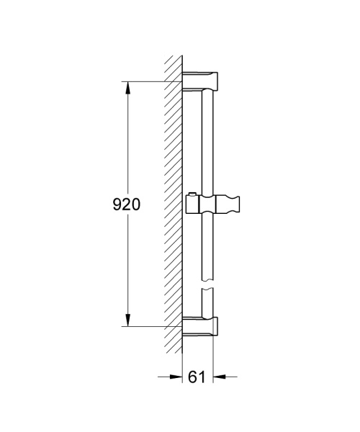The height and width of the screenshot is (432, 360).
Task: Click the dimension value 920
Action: click(125, 204)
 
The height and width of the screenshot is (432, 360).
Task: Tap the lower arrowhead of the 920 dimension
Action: click(127, 320)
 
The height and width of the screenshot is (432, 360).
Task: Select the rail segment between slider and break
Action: click(207, 248)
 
